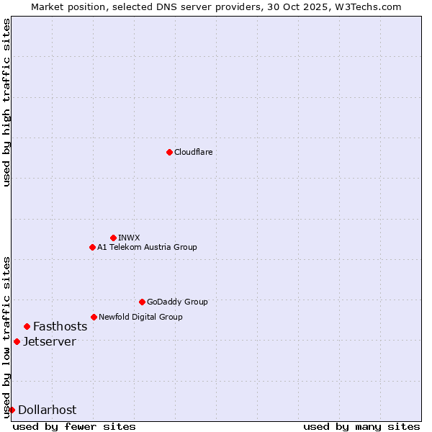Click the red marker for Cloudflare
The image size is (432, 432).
coord(169,152)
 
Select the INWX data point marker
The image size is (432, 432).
coord(113,238)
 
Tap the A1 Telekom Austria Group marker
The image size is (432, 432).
coord(92,247)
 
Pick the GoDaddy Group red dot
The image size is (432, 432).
coord(142,302)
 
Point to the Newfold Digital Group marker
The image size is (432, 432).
coord(94,317)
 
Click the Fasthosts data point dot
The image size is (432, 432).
coord(27,326)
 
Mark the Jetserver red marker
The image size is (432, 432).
coord(17,341)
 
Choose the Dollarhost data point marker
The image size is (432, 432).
coord(12,410)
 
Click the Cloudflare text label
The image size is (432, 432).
coord(193,152)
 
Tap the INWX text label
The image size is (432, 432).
coord(129,238)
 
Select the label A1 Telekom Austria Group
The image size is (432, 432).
coord(147,247)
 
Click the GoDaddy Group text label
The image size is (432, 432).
coord(177,302)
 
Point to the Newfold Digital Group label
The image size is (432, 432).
coord(140,317)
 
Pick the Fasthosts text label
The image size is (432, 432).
coord(60,326)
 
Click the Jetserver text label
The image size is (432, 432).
coord(49,341)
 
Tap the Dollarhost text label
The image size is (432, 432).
coord(47,410)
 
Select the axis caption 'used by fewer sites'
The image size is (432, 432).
coord(74,426)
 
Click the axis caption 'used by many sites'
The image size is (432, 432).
coord(361,426)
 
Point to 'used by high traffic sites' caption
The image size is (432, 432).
coord(6,102)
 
